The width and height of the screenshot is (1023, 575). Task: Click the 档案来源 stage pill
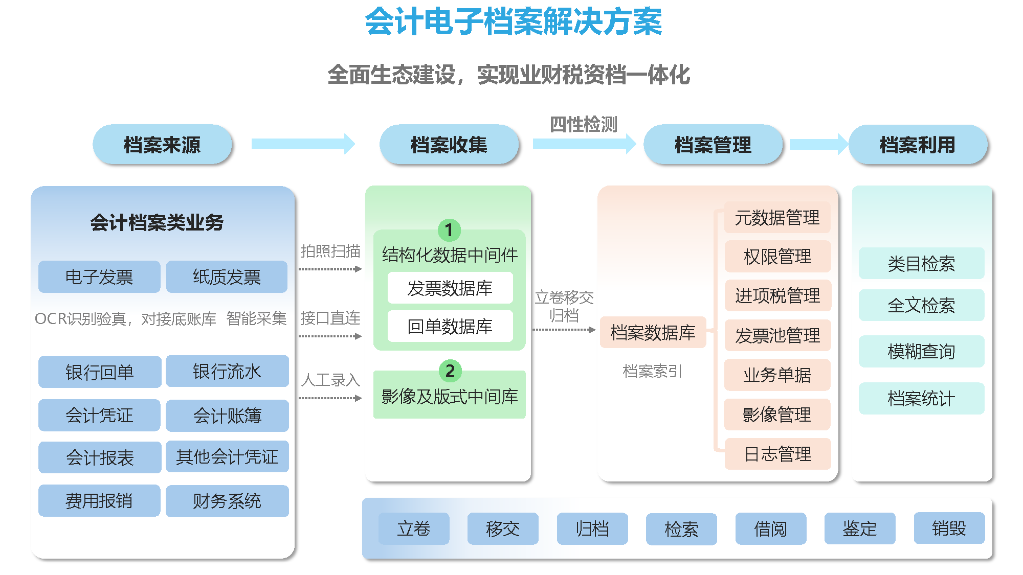click(x=162, y=145)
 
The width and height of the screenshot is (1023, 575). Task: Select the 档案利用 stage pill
click(x=918, y=145)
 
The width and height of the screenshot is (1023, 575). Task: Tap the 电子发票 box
click(x=99, y=277)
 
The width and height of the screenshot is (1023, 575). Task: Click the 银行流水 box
click(x=227, y=371)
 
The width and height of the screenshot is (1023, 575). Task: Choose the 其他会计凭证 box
click(x=227, y=456)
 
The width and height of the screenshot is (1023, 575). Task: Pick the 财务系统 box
click(x=227, y=501)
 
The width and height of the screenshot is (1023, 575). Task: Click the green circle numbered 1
click(x=449, y=230)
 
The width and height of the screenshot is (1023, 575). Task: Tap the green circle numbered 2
click(x=450, y=371)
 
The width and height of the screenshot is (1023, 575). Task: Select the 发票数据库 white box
click(x=450, y=288)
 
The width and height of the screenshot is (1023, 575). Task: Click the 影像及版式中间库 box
click(x=450, y=395)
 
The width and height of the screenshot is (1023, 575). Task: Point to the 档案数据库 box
click(x=653, y=332)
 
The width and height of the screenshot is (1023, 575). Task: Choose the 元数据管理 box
click(x=777, y=217)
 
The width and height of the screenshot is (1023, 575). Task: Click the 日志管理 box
click(x=777, y=454)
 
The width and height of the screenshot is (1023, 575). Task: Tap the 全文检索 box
click(x=921, y=305)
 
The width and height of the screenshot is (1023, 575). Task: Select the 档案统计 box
click(x=921, y=398)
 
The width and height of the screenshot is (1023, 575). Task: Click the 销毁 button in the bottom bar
click(x=949, y=528)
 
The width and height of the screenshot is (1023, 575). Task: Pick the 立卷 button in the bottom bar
click(x=414, y=528)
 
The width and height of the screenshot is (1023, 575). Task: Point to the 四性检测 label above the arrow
click(x=584, y=124)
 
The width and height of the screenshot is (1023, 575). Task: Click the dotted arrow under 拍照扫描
click(x=330, y=269)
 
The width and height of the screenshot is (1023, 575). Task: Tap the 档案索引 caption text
click(x=652, y=371)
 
